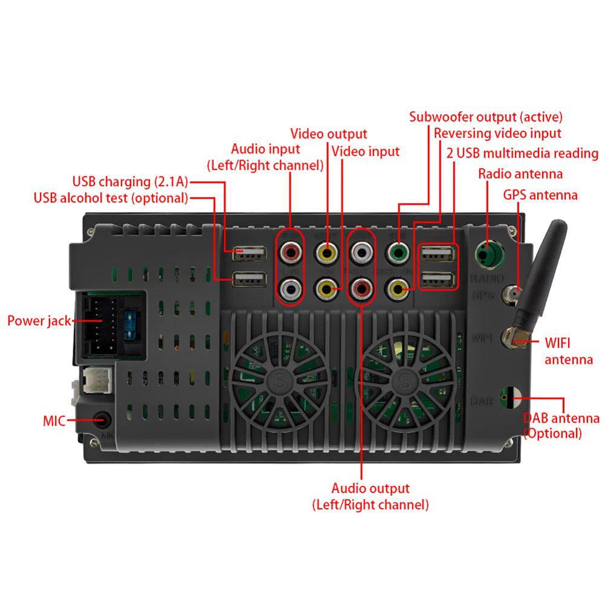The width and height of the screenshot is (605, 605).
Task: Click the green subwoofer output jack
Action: pyautogui.click(x=398, y=251)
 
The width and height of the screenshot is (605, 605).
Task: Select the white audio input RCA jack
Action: pyautogui.click(x=291, y=289)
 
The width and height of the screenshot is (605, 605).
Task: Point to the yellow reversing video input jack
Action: pyautogui.click(x=398, y=289)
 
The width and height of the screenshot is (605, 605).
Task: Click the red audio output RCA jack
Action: pyautogui.click(x=361, y=289)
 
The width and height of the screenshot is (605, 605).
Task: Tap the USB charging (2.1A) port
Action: pyautogui.click(x=249, y=254)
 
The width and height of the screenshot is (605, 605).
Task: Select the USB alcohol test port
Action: pyautogui.click(x=249, y=280)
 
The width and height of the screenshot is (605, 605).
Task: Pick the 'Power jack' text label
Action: pyautogui.click(x=39, y=320)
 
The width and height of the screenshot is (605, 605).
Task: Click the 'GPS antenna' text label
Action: pyautogui.click(x=540, y=195)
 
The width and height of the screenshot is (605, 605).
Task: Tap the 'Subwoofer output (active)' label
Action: pyautogui.click(x=485, y=117)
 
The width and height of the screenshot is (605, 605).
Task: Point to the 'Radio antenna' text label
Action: pyautogui.click(x=520, y=174)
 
